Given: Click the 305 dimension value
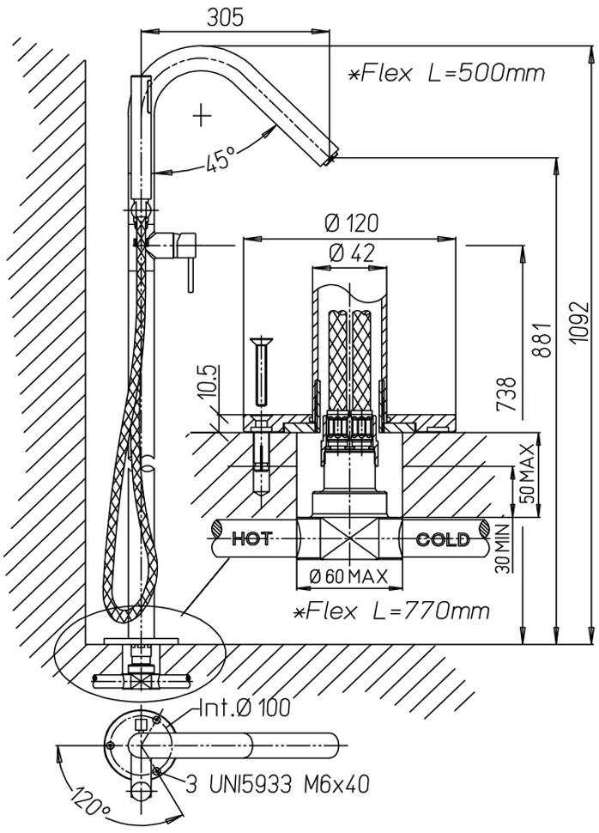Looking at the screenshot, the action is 225,17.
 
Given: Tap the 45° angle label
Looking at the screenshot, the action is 221,158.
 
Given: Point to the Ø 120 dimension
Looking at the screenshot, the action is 352,223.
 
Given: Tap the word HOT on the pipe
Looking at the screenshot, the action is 252,539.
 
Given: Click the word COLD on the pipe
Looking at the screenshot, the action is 443,540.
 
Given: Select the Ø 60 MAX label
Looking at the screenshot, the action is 348,576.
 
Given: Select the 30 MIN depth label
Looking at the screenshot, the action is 502,548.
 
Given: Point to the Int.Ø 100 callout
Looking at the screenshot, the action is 245,708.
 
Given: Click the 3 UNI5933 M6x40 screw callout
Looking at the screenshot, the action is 277,784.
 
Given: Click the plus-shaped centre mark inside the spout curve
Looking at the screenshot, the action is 202,115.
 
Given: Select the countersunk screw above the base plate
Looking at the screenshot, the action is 261,369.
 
